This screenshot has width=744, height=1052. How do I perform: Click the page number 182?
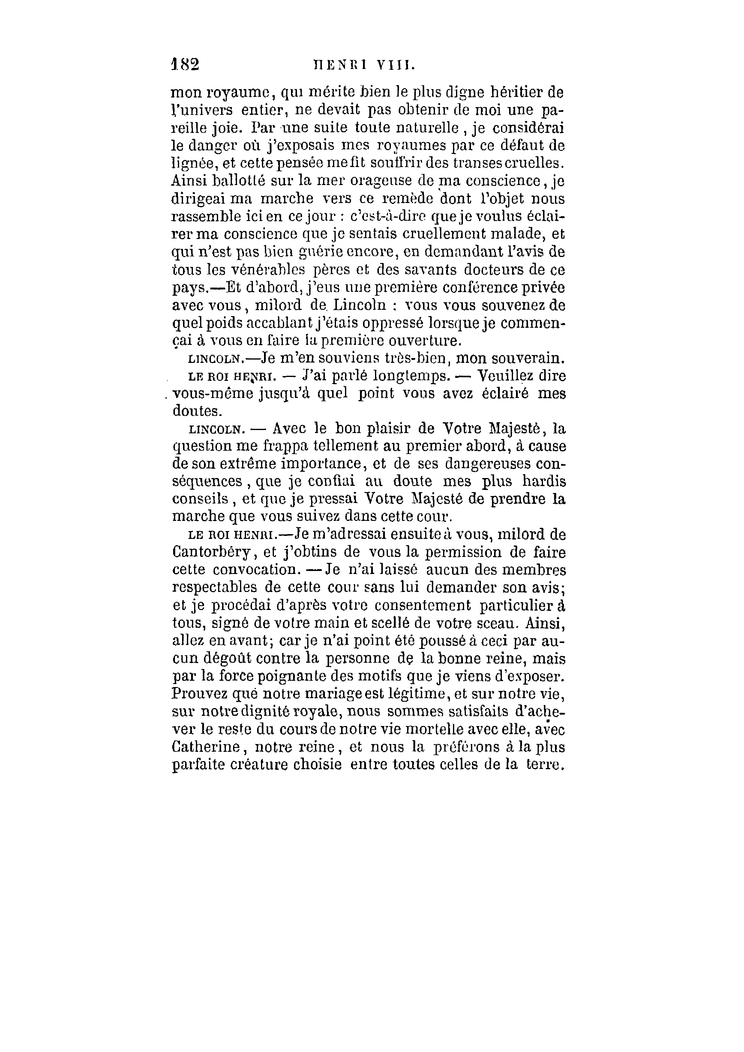(x=185, y=64)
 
